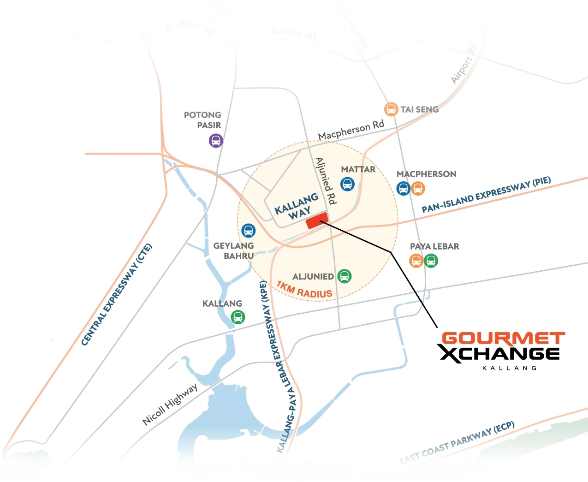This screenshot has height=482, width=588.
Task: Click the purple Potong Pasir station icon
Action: pos(216,140)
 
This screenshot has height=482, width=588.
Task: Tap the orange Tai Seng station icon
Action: pos(391,109)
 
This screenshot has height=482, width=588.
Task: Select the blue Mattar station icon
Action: pos(347,184)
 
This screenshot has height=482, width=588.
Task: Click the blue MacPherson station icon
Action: pos(403,188)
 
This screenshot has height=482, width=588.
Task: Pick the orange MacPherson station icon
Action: pos(418,188)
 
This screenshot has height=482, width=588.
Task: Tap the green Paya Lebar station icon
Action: pos(431,261)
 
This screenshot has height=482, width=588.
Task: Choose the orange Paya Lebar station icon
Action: pos(416,261)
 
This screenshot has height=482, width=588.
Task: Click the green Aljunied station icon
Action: pos(344,276)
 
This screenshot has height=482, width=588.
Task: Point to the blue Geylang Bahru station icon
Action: pos(248,230)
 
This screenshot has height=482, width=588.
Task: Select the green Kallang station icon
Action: pos(238,317)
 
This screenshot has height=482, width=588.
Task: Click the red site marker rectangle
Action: pos(317,220)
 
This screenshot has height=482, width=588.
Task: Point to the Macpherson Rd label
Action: pos(351,130)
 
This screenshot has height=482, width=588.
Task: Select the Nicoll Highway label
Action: pos(170,404)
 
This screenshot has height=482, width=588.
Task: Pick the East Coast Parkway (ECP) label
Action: pos(457,442)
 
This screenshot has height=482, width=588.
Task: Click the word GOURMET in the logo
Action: pos(503,338)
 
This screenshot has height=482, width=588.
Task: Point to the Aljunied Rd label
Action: pos(326,181)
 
